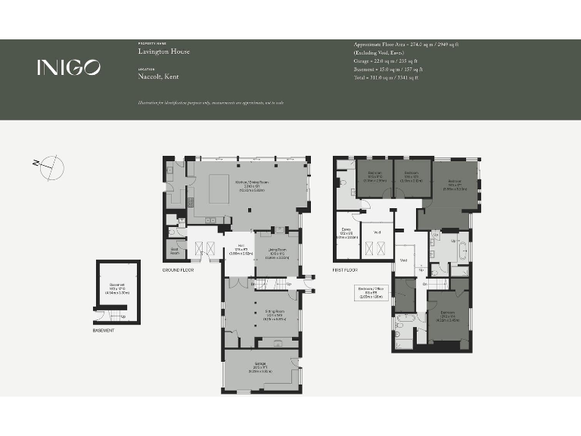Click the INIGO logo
(68, 67)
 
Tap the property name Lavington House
(163, 51)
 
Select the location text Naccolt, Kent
(160, 76)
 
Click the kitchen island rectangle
(220, 184)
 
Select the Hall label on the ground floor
(241, 249)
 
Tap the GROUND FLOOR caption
(179, 269)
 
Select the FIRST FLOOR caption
(347, 269)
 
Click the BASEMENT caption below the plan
(104, 330)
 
